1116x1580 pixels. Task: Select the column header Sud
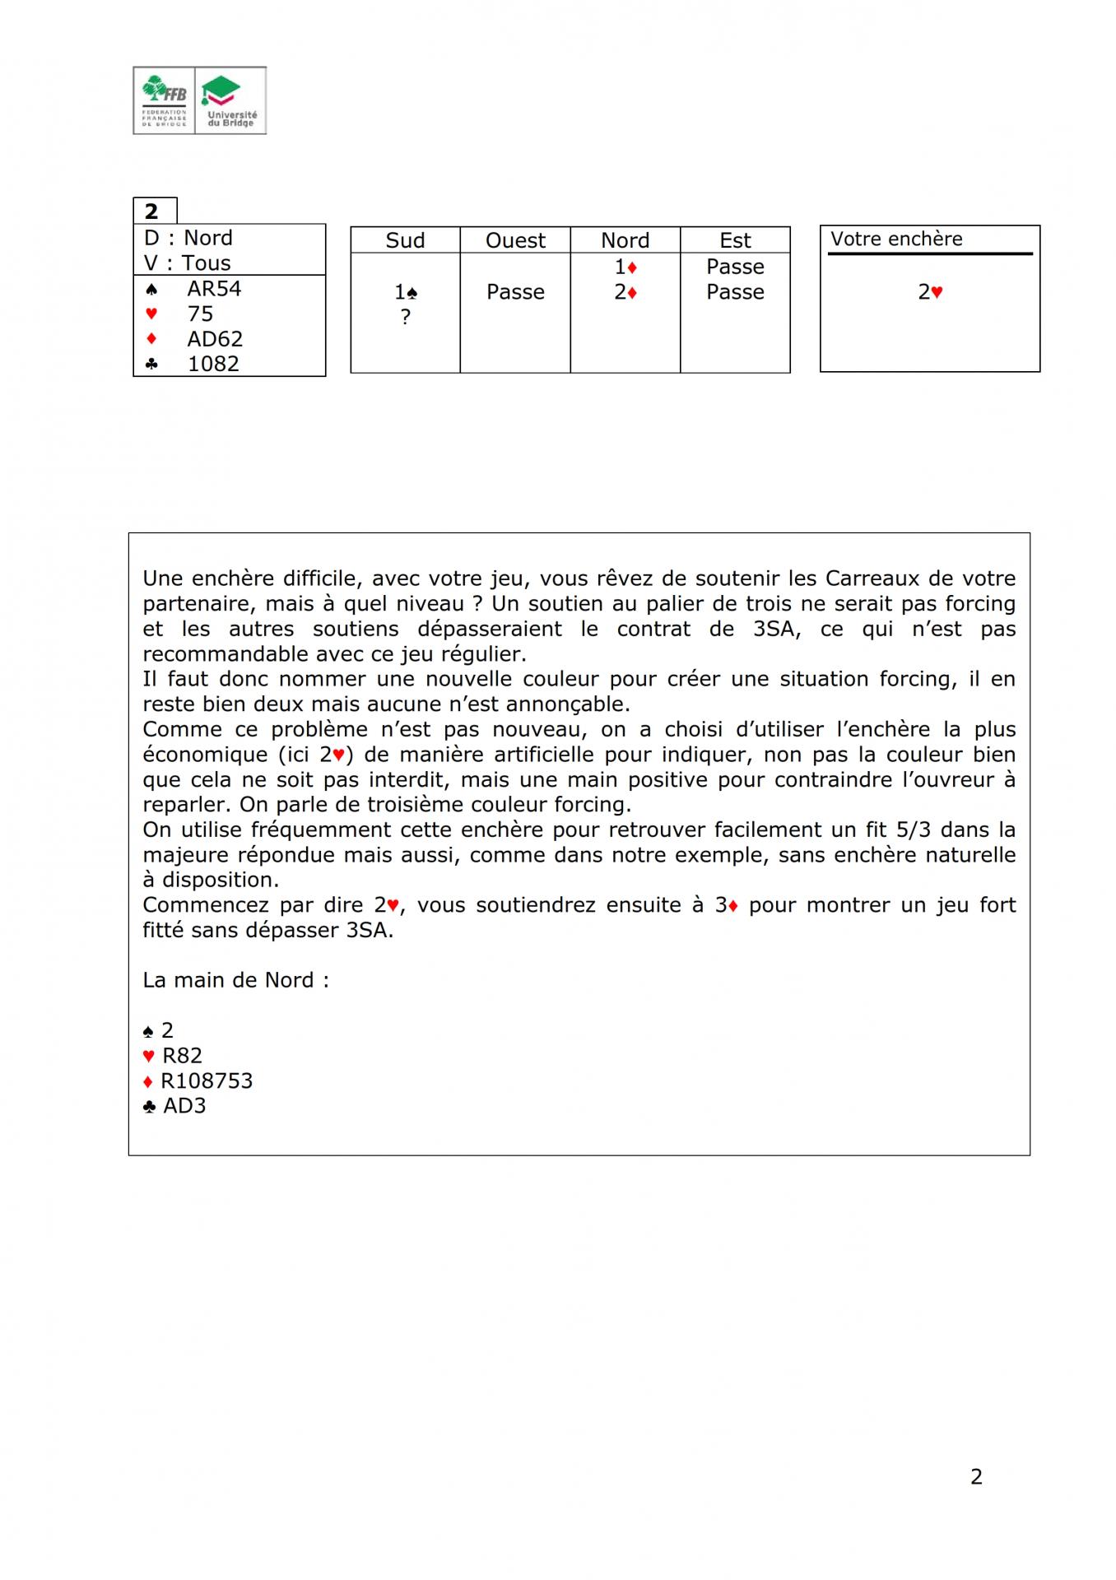click(405, 240)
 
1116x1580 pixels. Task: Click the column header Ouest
click(515, 240)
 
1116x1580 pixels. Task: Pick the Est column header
click(735, 240)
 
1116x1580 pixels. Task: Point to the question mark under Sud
click(405, 317)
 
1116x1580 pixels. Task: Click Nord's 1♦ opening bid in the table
click(625, 267)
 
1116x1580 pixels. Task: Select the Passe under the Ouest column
click(515, 292)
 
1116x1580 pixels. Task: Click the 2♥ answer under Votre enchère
click(930, 292)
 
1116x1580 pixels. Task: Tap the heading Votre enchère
click(896, 239)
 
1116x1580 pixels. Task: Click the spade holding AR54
click(214, 289)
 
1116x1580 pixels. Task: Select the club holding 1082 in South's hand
click(213, 364)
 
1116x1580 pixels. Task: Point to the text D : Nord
click(188, 238)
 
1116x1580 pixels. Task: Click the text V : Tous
click(188, 263)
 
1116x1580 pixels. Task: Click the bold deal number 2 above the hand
click(151, 211)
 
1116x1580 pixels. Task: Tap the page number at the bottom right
click(976, 1476)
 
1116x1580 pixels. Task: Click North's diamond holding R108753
click(207, 1080)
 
